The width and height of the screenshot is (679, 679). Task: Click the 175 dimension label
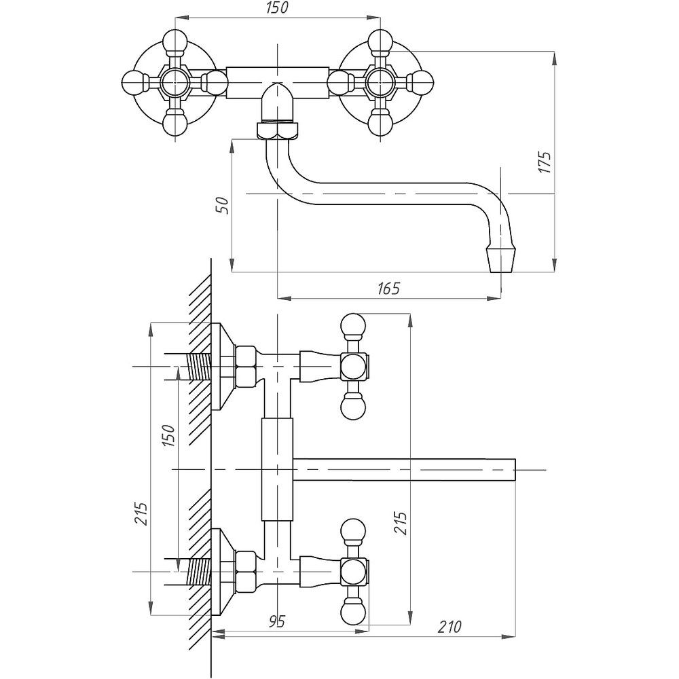(x=545, y=162)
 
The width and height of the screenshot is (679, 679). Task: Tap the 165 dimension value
(x=388, y=288)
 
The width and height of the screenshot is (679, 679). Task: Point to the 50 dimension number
(x=222, y=206)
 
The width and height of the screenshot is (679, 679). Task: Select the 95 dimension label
(x=277, y=621)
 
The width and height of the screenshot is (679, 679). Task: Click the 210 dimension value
(x=449, y=626)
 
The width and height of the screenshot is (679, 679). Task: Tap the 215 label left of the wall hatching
(x=141, y=513)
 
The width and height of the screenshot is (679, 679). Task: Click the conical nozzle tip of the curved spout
(x=502, y=259)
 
